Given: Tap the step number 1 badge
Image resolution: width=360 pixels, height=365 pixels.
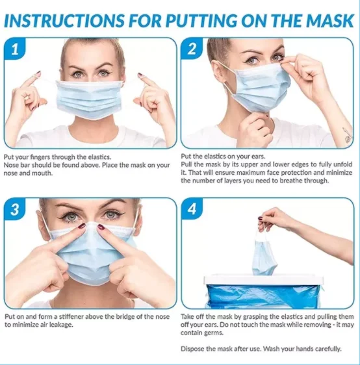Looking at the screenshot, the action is coord(14,49).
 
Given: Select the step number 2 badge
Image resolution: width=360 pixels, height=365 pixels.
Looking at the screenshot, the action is coord(192,49).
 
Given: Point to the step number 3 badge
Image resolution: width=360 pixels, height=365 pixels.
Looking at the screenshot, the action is coord(14,210).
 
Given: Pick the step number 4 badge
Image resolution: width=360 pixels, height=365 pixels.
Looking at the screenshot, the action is coord(192,209).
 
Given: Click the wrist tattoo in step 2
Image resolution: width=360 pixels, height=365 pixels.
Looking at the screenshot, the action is coord(348,135).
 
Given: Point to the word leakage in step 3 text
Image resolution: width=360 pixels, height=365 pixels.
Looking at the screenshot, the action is coord(62,325).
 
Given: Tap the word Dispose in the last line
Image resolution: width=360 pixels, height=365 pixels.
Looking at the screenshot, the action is coord(192,349).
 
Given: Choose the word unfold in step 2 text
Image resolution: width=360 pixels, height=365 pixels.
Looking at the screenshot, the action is coord(342,164).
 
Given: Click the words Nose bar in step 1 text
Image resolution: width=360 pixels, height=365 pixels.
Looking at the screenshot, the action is coord(17,165).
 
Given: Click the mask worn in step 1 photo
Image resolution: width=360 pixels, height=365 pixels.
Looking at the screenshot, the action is coord(90,99).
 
